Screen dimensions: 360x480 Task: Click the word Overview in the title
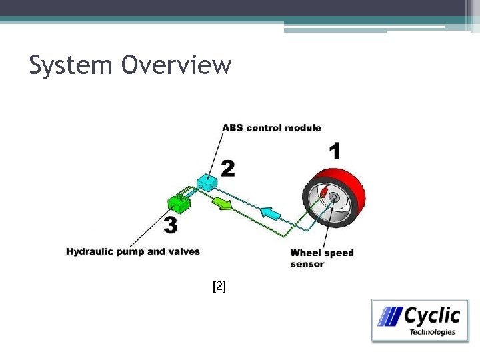coord(176,65)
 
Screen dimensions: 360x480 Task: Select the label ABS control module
coord(271,127)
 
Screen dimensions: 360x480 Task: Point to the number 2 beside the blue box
coord(227,168)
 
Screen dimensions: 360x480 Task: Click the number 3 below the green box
coord(171,225)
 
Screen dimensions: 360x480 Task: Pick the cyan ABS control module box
coord(208,181)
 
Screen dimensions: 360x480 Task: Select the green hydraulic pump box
coord(178,200)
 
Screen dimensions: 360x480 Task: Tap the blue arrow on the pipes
coord(269,213)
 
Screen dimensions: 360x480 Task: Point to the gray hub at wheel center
coord(331,197)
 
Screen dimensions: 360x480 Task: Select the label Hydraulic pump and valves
coord(133,251)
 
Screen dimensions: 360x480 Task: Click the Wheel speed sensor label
coord(321,258)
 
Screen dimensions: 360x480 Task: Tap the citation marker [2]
coord(219,287)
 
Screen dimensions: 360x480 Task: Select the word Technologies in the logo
coord(432,331)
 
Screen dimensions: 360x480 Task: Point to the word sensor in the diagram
coord(307,264)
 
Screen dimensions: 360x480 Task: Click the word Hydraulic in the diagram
coord(88,251)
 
